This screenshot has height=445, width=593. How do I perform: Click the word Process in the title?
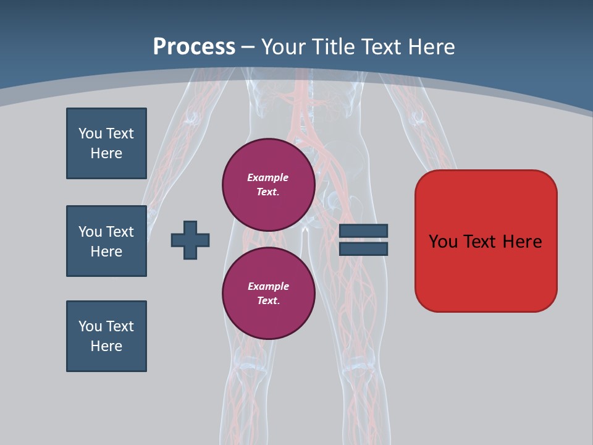pos(194,47)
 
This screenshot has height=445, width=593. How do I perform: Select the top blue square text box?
pos(106,143)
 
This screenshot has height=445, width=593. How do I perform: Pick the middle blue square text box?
pos(106,241)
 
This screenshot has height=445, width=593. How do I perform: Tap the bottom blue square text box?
pos(106,336)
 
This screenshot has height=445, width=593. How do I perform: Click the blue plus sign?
pos(190,240)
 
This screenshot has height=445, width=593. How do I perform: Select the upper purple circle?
pos(268,185)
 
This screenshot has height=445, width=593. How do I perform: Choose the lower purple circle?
pos(268,294)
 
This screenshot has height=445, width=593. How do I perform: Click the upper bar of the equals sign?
pos(363,231)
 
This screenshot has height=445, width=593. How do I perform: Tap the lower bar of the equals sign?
pos(363,249)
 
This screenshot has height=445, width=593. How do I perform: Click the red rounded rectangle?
pos(486,272)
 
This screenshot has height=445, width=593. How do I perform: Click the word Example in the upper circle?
pos(267,177)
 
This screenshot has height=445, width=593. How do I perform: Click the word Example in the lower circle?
pos(268,286)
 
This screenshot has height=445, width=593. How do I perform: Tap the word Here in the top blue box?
pos(106,153)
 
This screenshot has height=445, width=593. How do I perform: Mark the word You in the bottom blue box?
pos(90,326)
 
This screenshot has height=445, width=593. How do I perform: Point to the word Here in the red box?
pos(522,242)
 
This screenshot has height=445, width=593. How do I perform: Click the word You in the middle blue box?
pos(90,232)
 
